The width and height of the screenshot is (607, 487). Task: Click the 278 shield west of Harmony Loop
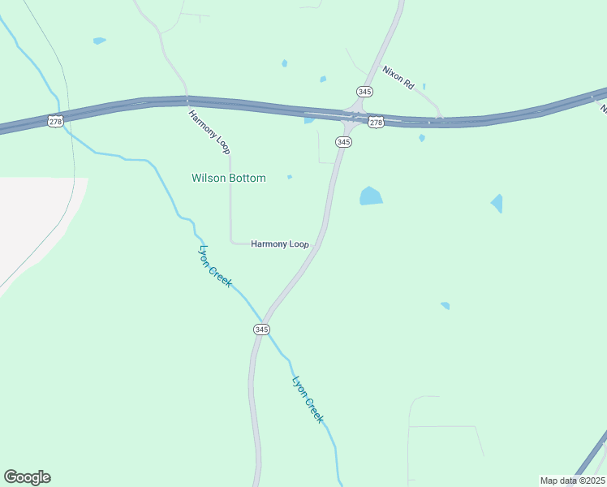point(55,121)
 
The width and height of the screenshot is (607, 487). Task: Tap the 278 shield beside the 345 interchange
point(375,122)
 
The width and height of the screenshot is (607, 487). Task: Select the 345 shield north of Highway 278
point(364,92)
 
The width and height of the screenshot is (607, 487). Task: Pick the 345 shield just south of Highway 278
point(343,142)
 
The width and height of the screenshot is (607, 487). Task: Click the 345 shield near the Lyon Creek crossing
point(260,329)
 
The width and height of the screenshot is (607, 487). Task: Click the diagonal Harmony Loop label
point(209,131)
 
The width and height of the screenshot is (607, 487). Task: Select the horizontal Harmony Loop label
point(279,243)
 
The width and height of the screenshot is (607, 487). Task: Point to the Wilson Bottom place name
point(228,178)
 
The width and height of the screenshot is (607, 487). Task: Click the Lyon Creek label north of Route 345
point(216,266)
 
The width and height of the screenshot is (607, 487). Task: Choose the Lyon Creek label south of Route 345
point(308,399)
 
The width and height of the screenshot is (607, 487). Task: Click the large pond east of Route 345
point(371,196)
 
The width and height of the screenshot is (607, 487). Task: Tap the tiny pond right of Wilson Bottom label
point(290,176)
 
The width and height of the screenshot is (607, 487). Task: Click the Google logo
point(27,477)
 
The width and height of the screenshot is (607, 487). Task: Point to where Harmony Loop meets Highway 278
point(188,101)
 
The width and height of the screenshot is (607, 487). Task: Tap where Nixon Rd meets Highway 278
point(440,120)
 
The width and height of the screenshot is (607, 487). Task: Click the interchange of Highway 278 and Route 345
point(351,116)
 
